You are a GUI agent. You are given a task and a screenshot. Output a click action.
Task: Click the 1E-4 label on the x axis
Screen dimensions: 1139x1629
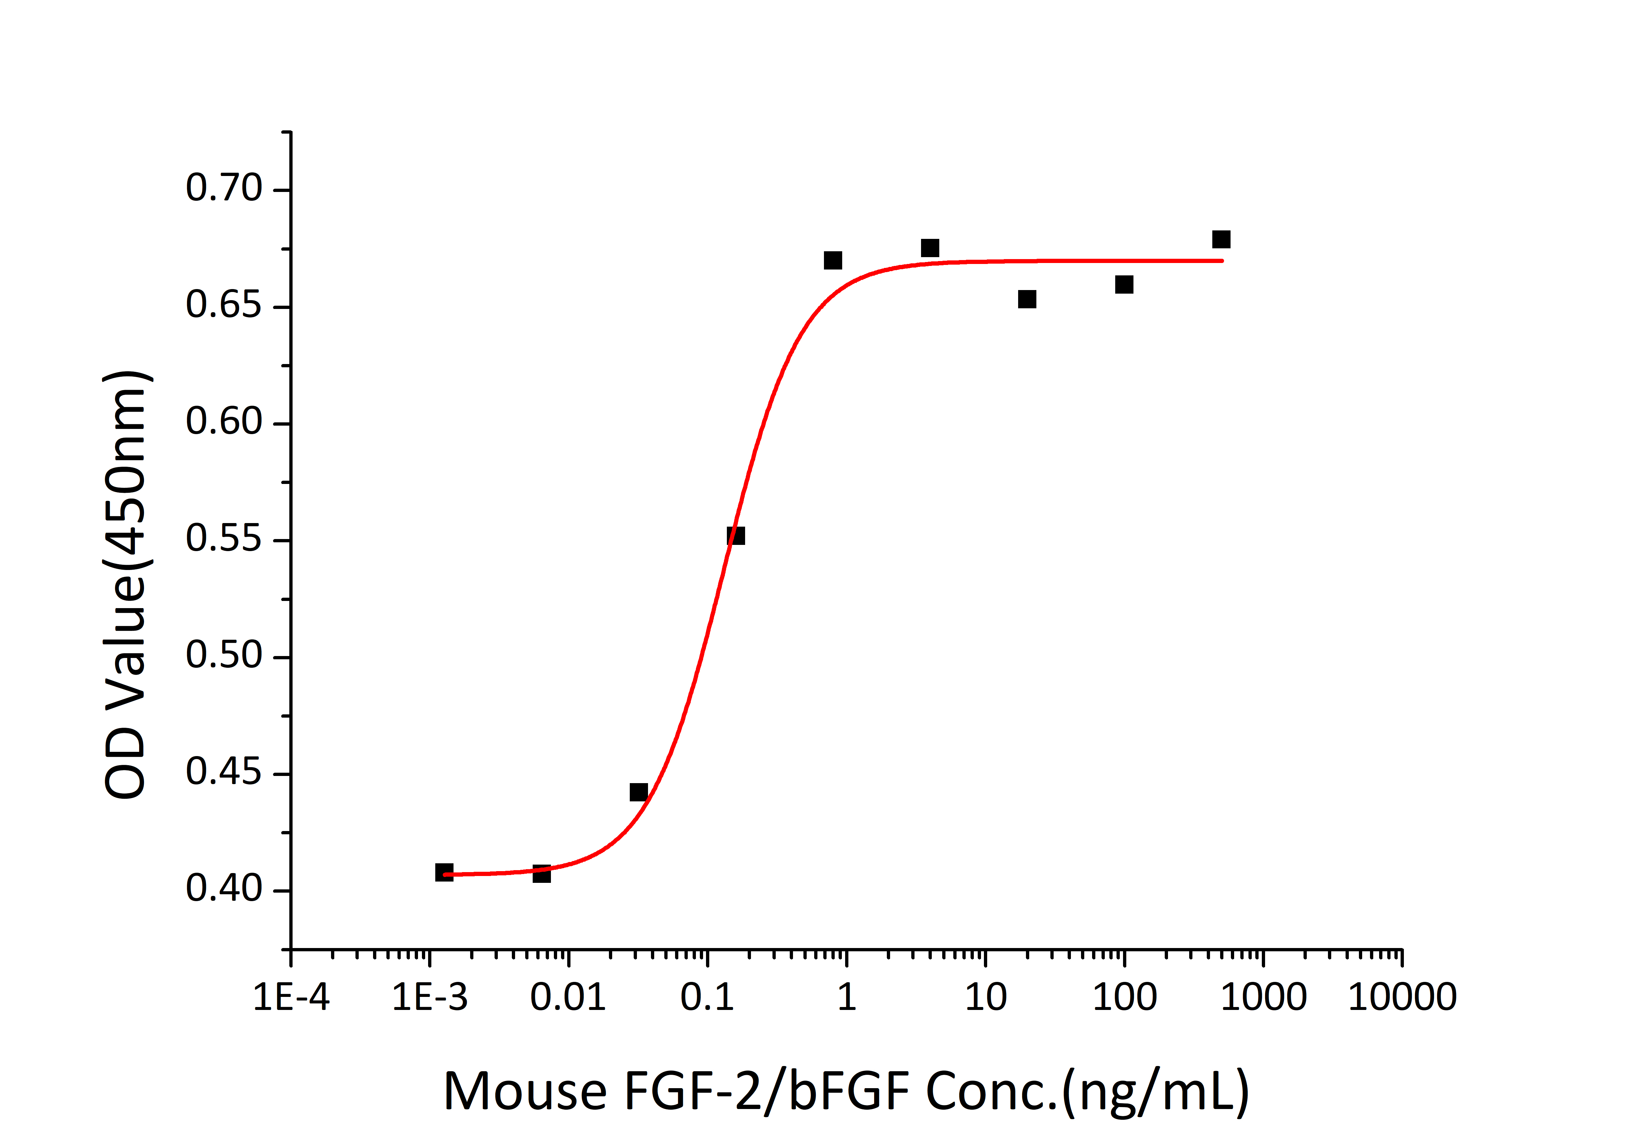(291, 997)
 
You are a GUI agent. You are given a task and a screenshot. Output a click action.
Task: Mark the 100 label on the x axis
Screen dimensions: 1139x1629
(1124, 997)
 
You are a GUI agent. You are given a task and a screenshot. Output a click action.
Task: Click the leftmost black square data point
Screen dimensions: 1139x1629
(444, 872)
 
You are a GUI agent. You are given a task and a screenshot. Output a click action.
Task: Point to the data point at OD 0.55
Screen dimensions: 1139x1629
(736, 536)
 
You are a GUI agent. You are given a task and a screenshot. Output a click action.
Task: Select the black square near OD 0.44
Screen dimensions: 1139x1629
(639, 792)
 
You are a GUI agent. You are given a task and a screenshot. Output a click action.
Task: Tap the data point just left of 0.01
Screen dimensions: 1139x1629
(541, 874)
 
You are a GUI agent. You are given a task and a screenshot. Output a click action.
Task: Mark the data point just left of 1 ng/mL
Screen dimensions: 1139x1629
(833, 260)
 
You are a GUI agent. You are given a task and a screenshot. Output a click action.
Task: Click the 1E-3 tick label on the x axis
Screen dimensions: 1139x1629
(430, 997)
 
